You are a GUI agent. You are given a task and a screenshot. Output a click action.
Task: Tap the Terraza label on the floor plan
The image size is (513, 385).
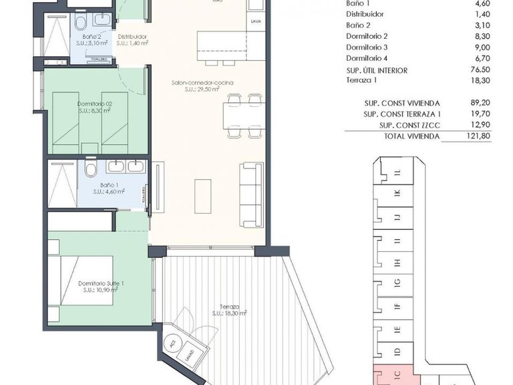click(x=230, y=309)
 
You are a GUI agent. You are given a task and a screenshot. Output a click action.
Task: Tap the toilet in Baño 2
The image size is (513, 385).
click(x=80, y=24)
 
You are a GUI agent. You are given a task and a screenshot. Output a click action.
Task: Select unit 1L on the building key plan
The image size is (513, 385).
click(x=397, y=172)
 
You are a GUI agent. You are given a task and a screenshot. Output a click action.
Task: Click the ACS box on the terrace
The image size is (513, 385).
click(x=172, y=344)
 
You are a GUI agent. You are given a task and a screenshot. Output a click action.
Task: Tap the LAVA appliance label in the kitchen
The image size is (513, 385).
click(x=256, y=21)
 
